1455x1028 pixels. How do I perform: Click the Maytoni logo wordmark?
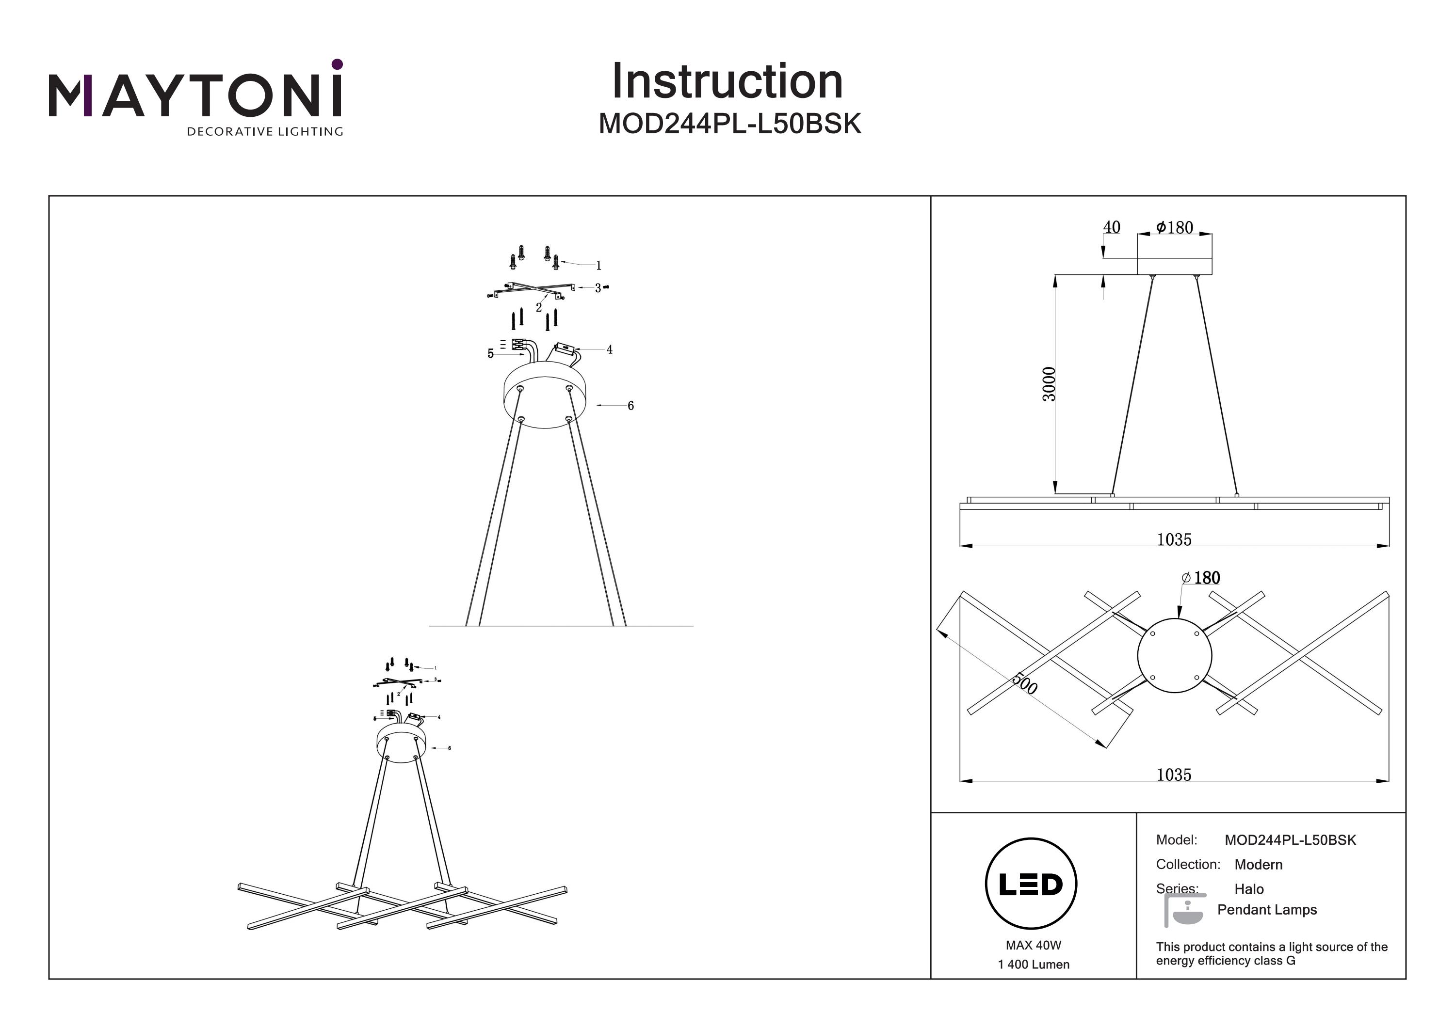(x=195, y=95)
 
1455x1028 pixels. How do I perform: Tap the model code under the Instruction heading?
(x=729, y=124)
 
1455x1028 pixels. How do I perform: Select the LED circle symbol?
(x=1031, y=884)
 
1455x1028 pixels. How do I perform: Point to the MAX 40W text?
(x=1033, y=946)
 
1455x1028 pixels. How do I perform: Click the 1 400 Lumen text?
(x=1033, y=965)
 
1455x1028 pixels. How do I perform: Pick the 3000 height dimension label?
(x=1050, y=384)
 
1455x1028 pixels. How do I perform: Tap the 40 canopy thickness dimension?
(x=1111, y=227)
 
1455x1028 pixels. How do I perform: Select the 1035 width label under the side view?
(x=1174, y=539)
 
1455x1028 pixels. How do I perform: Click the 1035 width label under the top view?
(x=1174, y=775)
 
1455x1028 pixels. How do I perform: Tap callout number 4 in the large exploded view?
(x=610, y=349)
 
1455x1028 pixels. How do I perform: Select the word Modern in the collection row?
(x=1258, y=865)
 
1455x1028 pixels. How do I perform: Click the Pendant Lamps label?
(x=1266, y=910)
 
